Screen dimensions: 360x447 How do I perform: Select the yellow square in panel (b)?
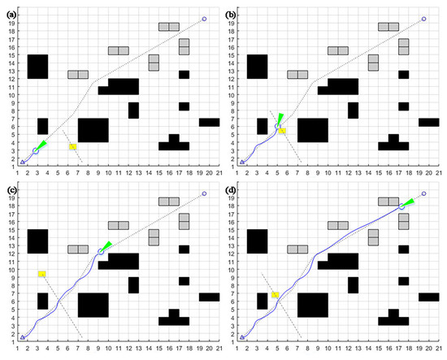(x=282, y=130)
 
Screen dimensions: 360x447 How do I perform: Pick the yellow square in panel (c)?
(x=41, y=274)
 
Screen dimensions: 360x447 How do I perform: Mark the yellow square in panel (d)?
(x=276, y=294)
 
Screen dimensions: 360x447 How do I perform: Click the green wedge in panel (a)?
(x=42, y=145)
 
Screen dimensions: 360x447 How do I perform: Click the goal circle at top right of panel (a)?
(x=204, y=19)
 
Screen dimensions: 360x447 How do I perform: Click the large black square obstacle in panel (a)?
(x=93, y=130)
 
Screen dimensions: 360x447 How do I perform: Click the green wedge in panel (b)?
(x=281, y=119)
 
